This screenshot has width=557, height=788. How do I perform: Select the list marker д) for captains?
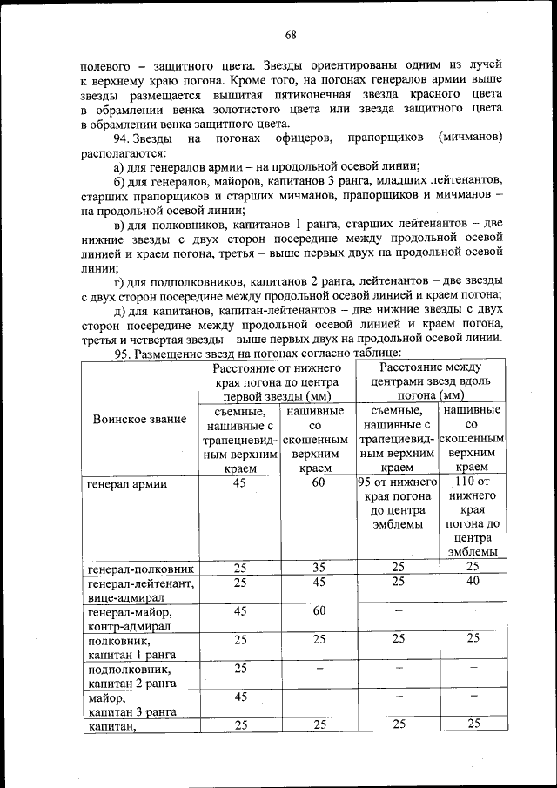[122, 309]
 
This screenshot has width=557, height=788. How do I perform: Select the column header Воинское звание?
[139, 419]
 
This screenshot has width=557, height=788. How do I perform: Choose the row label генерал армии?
[127, 484]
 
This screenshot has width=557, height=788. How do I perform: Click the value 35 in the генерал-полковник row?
[319, 568]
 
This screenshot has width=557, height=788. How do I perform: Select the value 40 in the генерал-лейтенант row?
[473, 582]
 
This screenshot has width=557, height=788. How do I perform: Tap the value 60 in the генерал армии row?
[319, 483]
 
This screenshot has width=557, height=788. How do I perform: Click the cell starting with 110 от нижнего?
[473, 517]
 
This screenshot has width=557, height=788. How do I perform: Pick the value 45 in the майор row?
[239, 697]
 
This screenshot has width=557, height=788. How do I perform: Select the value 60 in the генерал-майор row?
[319, 610]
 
